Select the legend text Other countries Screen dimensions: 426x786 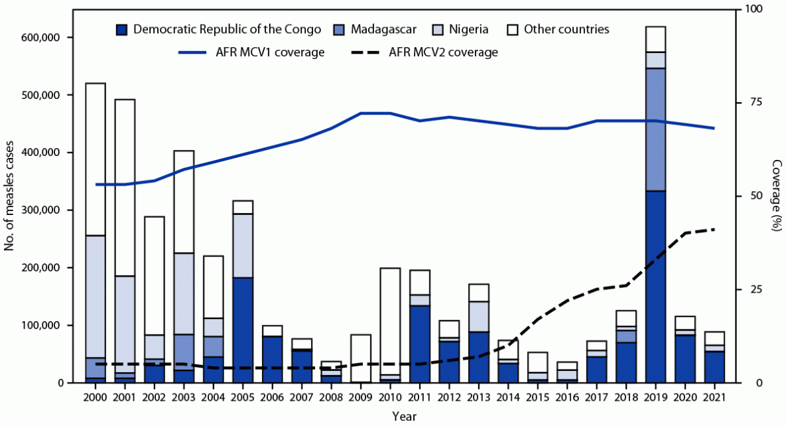click(x=566, y=29)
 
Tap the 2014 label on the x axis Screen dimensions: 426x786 click(x=508, y=396)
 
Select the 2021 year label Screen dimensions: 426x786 click(x=714, y=396)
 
